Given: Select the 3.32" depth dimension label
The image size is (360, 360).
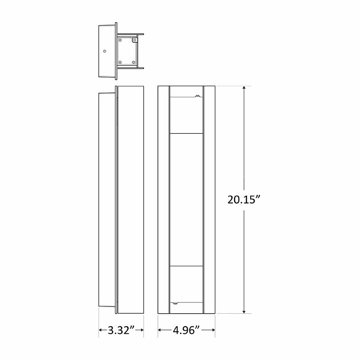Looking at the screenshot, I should tap(121, 331).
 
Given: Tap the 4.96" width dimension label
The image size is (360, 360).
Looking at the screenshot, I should tap(186, 331).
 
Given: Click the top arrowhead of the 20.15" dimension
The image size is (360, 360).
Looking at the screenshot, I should tap(244, 88).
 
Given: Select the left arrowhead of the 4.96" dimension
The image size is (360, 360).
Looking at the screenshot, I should tap(160, 331).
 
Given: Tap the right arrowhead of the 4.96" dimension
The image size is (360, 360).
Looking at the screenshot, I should tap(213, 331).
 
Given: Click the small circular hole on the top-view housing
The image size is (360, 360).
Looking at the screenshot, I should tap(104, 52).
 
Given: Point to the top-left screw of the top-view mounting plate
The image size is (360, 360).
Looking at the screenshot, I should tap(120, 40).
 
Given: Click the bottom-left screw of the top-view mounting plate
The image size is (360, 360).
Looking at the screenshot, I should tap(120, 62).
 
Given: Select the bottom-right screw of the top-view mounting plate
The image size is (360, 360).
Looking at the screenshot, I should tap(134, 62).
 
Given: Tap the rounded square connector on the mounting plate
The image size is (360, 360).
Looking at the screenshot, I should tap(134, 40).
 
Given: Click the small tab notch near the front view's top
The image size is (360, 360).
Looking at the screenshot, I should tap(197, 95).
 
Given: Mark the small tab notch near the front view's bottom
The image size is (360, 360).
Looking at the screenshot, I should tap(174, 304).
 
